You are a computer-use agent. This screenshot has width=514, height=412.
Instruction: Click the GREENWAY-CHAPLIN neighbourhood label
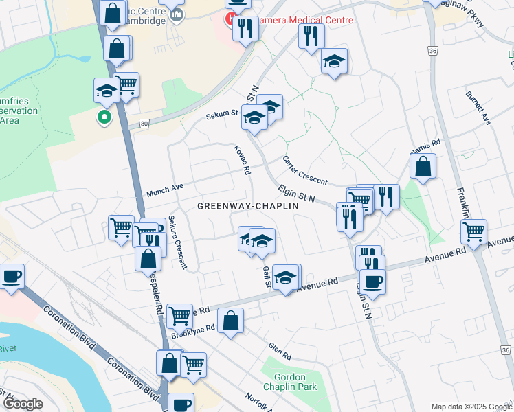(x=248, y=206)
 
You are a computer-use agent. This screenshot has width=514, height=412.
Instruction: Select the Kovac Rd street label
(x=241, y=159)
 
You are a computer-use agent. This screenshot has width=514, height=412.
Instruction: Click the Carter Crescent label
(x=305, y=170)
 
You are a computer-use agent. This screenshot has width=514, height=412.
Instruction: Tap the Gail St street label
(x=265, y=277)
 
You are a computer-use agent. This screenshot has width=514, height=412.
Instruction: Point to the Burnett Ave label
(x=478, y=107)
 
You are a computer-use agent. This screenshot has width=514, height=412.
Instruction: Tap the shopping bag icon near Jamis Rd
(x=423, y=166)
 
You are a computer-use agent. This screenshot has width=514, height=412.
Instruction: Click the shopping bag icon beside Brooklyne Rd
(x=231, y=321)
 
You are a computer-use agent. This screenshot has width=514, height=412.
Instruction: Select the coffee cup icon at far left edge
(x=11, y=277)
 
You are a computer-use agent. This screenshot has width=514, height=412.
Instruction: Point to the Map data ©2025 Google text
(x=471, y=407)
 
